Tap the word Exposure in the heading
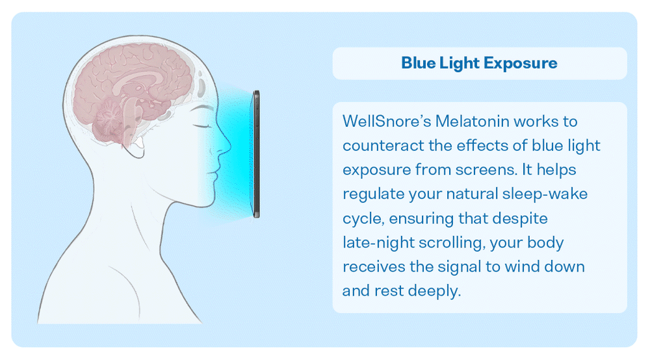click(x=520, y=64)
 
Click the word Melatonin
click(x=472, y=122)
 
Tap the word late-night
click(x=378, y=242)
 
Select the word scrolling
click(x=452, y=243)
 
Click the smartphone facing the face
click(x=256, y=154)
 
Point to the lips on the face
click(x=214, y=175)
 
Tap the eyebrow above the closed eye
click(x=203, y=108)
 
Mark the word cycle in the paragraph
click(x=363, y=219)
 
